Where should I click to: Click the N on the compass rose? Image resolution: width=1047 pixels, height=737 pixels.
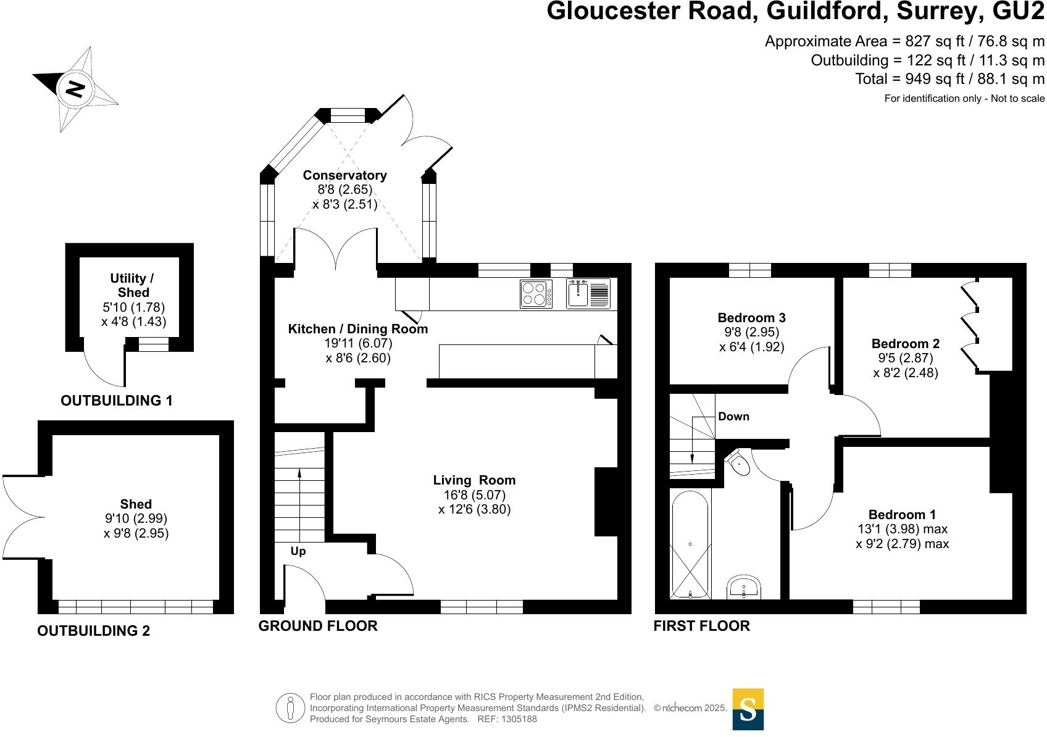pos(75,89)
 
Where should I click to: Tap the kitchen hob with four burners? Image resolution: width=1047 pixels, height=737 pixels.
pos(536,293)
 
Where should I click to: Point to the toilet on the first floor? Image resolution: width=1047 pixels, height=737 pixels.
pos(738,462)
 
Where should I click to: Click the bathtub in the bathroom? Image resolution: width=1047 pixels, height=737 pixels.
pos(690,543)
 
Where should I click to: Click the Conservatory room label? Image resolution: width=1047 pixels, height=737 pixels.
pos(344,175)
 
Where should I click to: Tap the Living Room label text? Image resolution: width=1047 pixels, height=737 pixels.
pos(473,480)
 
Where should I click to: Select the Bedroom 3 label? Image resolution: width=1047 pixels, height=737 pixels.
pos(751,318)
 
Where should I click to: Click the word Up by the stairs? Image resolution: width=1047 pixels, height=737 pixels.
pos(298,551)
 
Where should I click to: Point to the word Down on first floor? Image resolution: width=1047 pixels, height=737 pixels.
pos(733,417)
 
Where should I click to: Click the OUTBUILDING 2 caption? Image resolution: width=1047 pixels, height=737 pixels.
pos(93,631)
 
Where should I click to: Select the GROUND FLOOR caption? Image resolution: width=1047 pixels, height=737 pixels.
pos(317,626)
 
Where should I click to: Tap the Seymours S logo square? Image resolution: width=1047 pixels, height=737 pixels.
pos(748,709)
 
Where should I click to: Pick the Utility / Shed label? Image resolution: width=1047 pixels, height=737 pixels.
pos(133,285)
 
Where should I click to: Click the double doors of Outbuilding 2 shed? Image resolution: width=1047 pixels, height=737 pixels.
pos(22,516)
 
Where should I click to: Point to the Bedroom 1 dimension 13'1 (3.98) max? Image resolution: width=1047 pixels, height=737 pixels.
pos(902,529)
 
